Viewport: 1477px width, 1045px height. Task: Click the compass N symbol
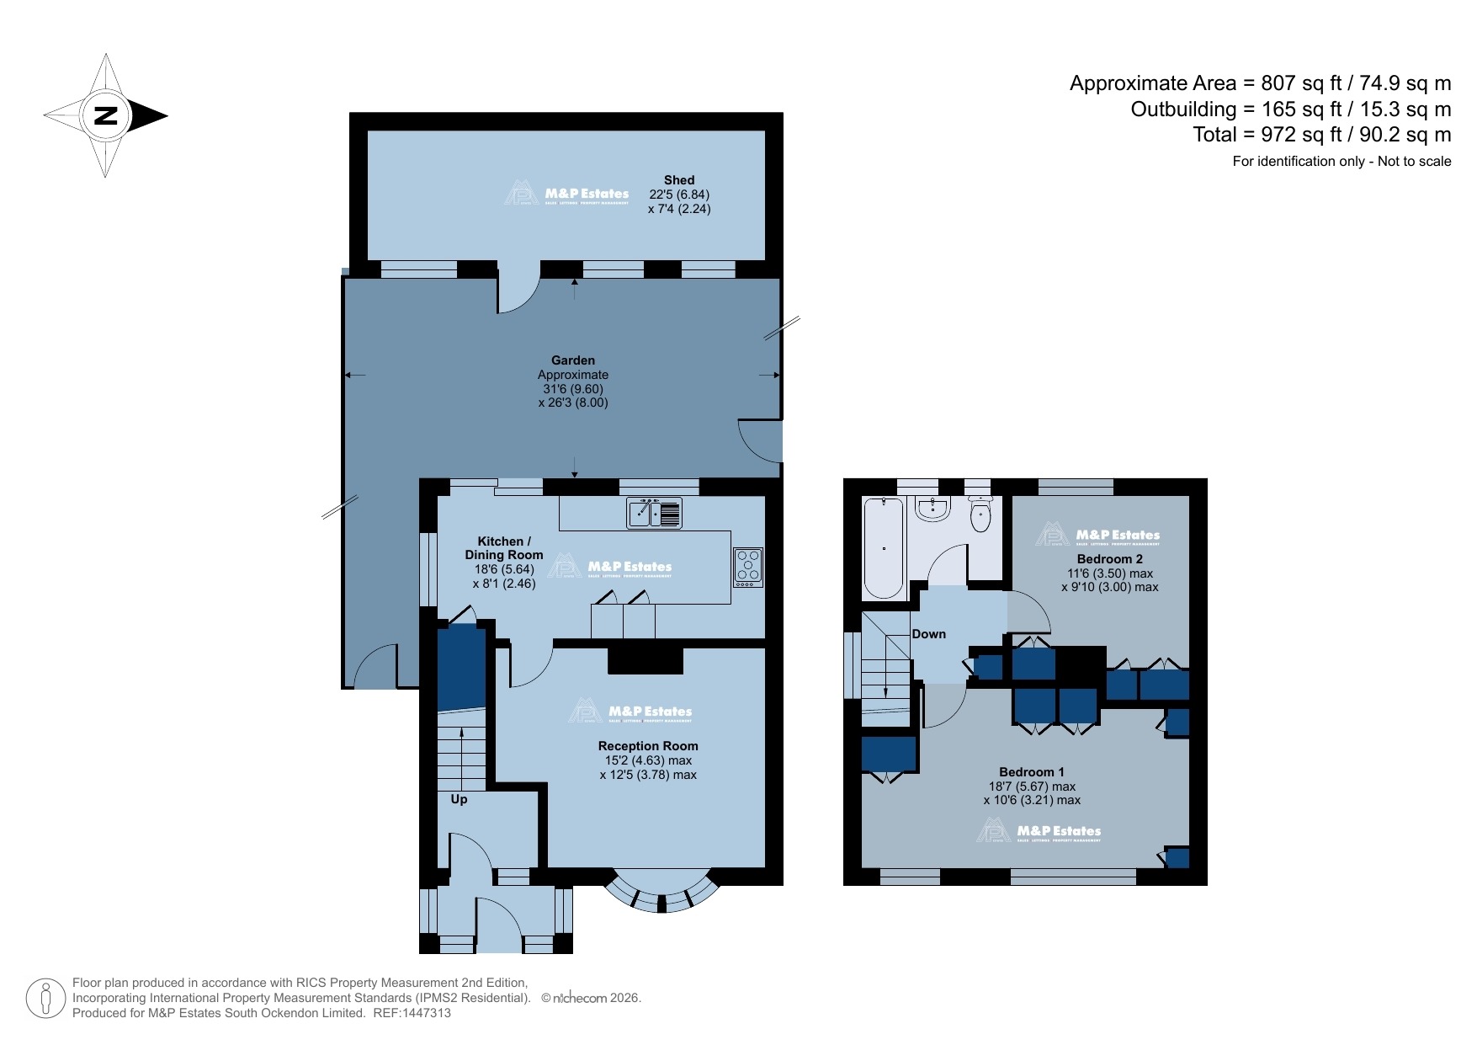tap(106, 115)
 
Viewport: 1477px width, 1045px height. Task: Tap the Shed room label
tap(678, 180)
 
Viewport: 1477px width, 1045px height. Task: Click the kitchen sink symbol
tap(654, 513)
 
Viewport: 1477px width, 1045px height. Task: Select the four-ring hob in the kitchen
tap(748, 567)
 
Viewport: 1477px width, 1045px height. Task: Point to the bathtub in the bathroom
tap(884, 547)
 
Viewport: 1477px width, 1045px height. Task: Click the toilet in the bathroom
tap(980, 515)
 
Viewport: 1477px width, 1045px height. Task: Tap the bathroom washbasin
tap(932, 509)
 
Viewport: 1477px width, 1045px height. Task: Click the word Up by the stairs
tap(459, 799)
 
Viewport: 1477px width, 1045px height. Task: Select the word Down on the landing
tap(928, 634)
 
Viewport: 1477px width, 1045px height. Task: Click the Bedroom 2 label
tap(1109, 559)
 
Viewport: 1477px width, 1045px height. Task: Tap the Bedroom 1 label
tap(1031, 772)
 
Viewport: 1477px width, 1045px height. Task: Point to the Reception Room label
tap(648, 746)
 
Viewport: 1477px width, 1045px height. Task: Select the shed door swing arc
tap(518, 295)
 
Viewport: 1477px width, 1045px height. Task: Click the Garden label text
tap(573, 360)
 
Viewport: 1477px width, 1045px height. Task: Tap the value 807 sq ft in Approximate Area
tap(1301, 83)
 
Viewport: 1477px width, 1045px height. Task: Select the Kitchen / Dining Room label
tap(503, 548)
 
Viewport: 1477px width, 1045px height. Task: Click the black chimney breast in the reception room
tap(646, 660)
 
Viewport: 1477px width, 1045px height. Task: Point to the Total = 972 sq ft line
tap(1321, 135)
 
